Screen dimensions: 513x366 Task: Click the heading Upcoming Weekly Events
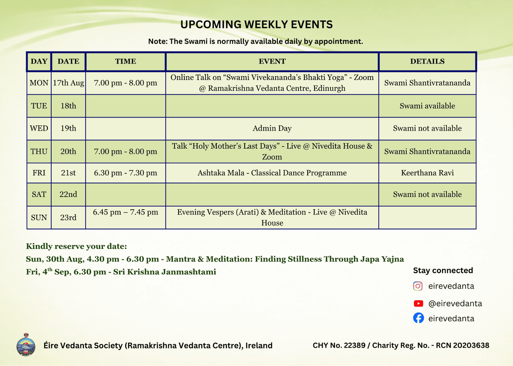click(256, 24)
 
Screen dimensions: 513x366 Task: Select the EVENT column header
click(272, 61)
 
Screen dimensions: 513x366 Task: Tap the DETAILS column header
click(427, 61)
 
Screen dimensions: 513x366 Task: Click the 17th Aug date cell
click(69, 83)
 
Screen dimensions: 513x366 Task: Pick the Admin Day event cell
click(272, 128)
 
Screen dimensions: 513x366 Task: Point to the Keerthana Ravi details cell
click(427, 173)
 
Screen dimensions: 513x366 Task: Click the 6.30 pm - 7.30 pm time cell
click(125, 173)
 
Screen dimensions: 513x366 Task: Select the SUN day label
click(39, 217)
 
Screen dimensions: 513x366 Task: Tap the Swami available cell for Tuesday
click(427, 106)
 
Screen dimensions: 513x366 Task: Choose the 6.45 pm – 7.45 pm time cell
click(125, 217)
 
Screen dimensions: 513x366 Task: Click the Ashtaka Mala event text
click(272, 173)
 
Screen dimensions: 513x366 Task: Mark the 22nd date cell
click(69, 194)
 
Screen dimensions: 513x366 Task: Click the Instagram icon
click(418, 286)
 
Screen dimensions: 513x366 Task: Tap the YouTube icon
click(418, 304)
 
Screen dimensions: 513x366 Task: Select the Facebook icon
click(418, 318)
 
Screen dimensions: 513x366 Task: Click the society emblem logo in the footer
click(26, 345)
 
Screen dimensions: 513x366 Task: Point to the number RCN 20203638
click(462, 346)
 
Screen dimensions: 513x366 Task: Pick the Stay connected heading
click(443, 271)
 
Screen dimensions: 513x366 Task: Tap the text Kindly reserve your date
click(76, 246)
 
